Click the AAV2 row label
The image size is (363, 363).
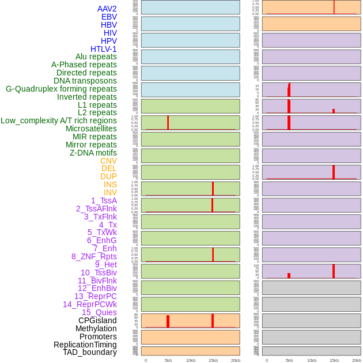(107, 9)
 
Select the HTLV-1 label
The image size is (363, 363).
(104, 49)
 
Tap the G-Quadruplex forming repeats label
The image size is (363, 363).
(61, 89)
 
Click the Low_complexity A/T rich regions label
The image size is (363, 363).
(59, 120)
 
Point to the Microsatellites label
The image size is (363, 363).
(91, 128)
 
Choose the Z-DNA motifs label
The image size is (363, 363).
(93, 153)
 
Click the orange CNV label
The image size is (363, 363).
(108, 161)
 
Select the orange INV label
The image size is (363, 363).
(110, 192)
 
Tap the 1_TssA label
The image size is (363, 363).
(104, 201)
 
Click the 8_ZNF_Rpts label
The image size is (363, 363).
(94, 256)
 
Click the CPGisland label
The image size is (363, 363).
(97, 320)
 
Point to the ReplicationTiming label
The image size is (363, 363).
(85, 345)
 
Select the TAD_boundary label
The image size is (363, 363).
(90, 352)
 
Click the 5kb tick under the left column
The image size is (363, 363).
(168, 360)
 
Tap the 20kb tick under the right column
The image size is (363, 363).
(357, 360)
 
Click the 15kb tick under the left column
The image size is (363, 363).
(213, 360)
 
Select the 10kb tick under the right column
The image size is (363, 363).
(312, 360)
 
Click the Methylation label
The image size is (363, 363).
(96, 328)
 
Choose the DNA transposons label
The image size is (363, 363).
(85, 81)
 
